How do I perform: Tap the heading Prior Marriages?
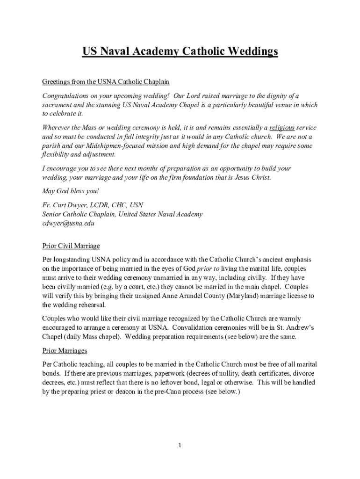coord(65,350)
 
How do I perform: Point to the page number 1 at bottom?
coord(180,445)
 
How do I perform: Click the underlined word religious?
coord(282,127)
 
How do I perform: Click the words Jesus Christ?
coord(250,178)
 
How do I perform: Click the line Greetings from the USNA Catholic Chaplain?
coord(105,82)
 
